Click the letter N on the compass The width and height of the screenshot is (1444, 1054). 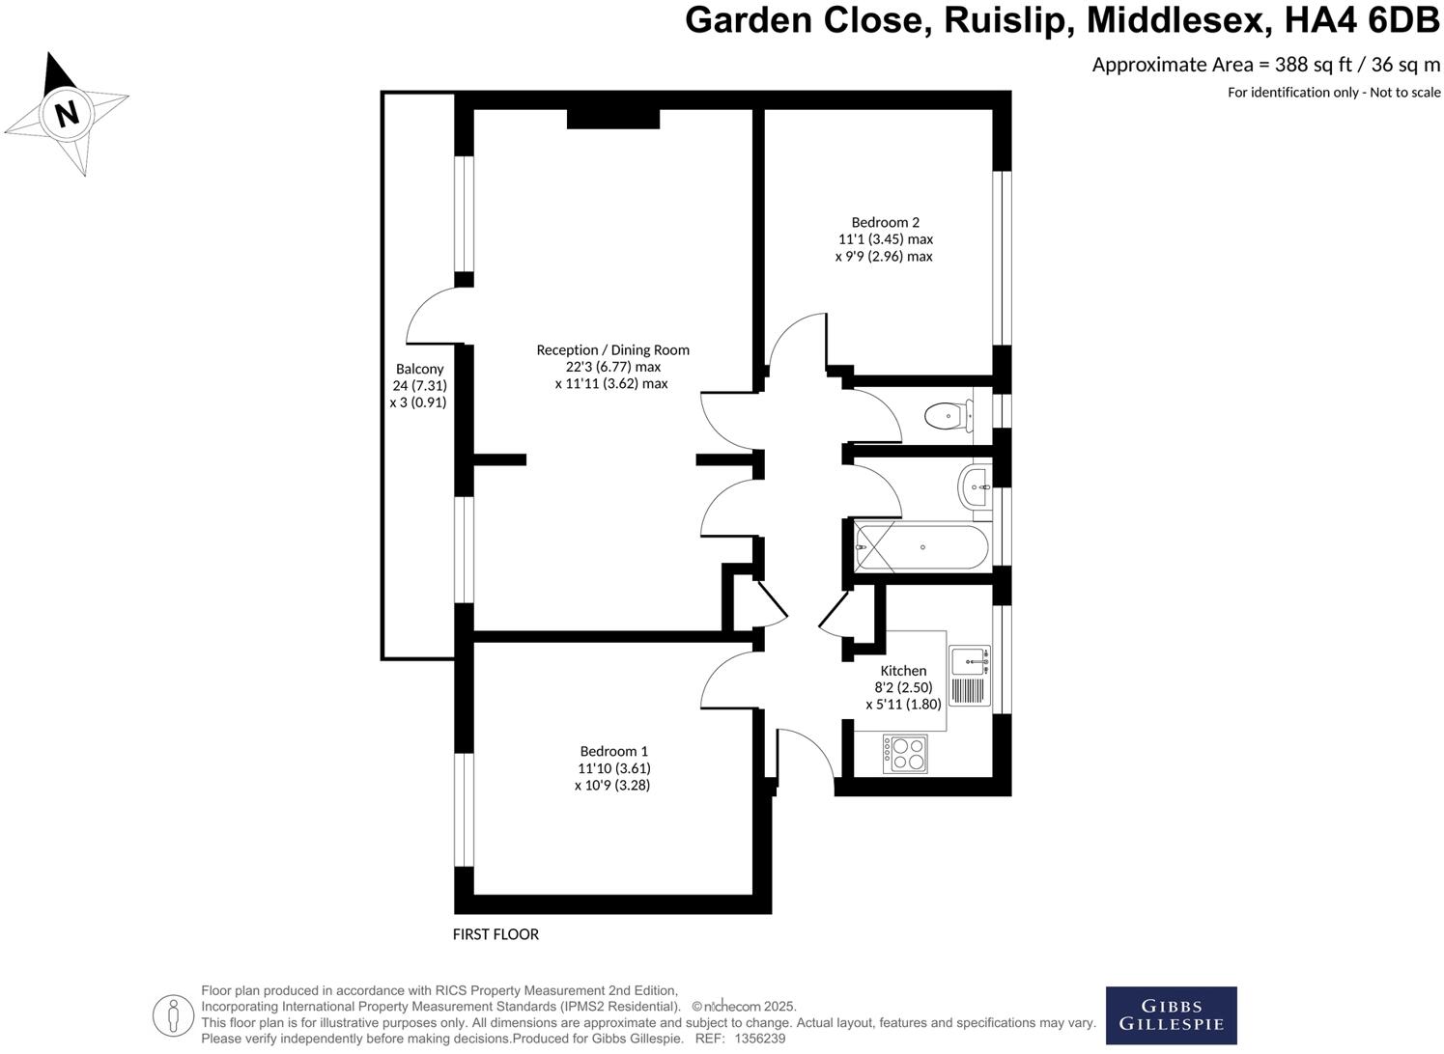tap(67, 114)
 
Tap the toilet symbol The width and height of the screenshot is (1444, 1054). tap(946, 416)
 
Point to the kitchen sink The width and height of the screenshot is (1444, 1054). tap(969, 662)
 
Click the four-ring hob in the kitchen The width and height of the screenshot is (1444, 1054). tap(905, 754)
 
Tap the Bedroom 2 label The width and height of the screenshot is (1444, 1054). tap(885, 222)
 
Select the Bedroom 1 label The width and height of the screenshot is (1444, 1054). tap(613, 751)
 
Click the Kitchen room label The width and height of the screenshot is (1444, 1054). tap(903, 671)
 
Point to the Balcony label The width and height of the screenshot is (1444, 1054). tap(419, 369)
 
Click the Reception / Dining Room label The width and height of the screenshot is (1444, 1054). tap(612, 349)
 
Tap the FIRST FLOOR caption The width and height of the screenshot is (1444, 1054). tap(495, 934)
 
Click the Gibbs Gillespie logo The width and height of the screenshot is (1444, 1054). tap(1171, 1015)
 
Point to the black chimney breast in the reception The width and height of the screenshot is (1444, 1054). tap(612, 119)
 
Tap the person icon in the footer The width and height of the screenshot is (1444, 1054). tap(174, 1014)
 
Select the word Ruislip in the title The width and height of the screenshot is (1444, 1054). tap(1007, 20)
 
